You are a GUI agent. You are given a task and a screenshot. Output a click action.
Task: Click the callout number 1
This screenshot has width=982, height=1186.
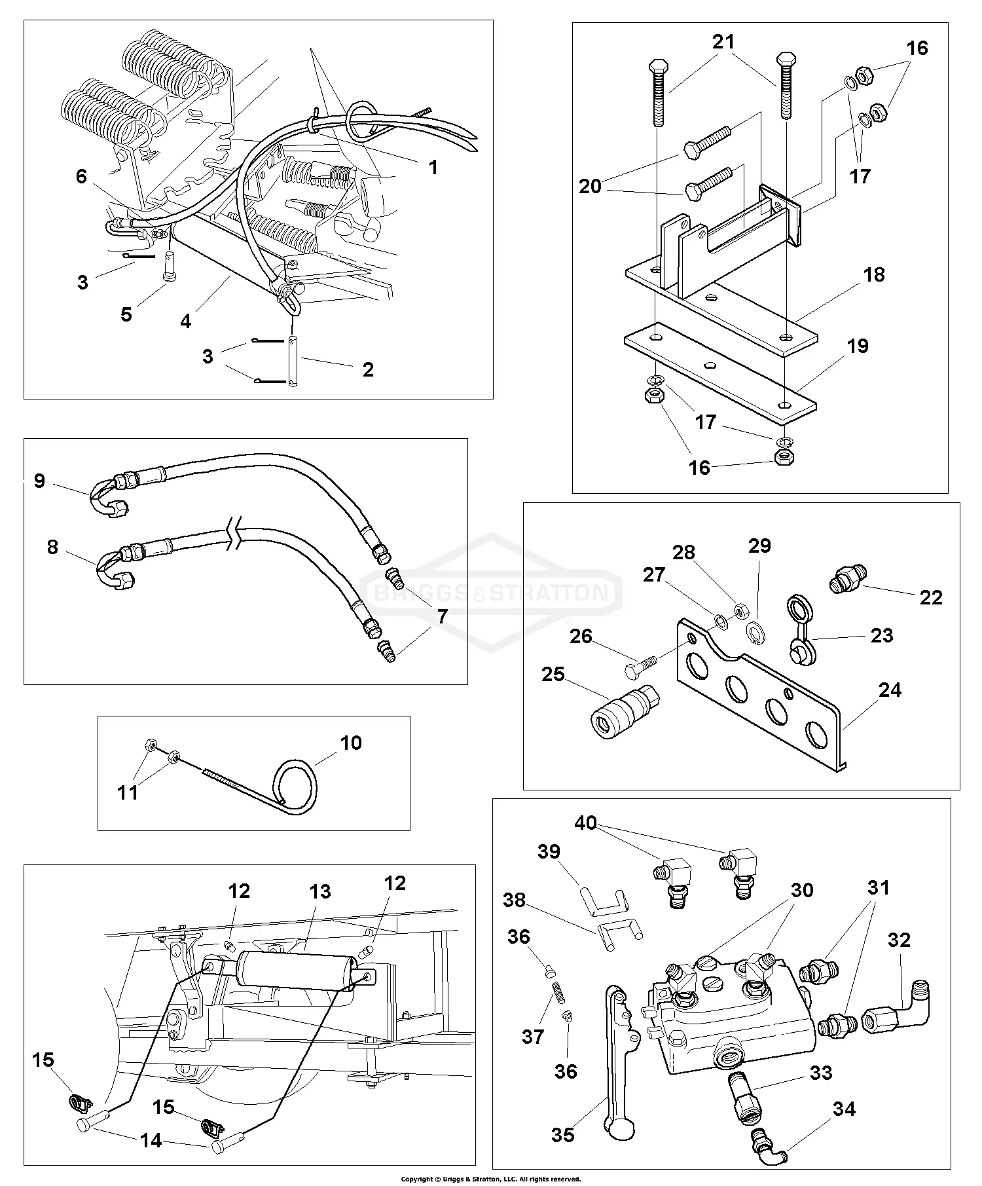[x=433, y=168]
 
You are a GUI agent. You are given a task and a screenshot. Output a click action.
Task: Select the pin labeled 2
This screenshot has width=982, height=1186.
[x=293, y=362]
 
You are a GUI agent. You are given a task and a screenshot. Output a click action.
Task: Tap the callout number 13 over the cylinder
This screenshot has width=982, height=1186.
[x=320, y=891]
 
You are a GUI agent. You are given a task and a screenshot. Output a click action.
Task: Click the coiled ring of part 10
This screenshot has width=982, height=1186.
[x=297, y=786]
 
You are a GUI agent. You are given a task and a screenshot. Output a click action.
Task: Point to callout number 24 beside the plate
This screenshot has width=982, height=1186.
[x=890, y=690]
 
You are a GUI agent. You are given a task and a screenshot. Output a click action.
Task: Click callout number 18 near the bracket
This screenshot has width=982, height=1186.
[x=874, y=274]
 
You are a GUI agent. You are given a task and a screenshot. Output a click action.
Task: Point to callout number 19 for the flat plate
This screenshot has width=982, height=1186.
[x=858, y=346]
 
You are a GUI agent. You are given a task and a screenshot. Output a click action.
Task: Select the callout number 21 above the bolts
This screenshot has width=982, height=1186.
[x=723, y=42]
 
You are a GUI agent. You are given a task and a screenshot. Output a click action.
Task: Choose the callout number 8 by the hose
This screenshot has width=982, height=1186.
[x=52, y=547]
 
